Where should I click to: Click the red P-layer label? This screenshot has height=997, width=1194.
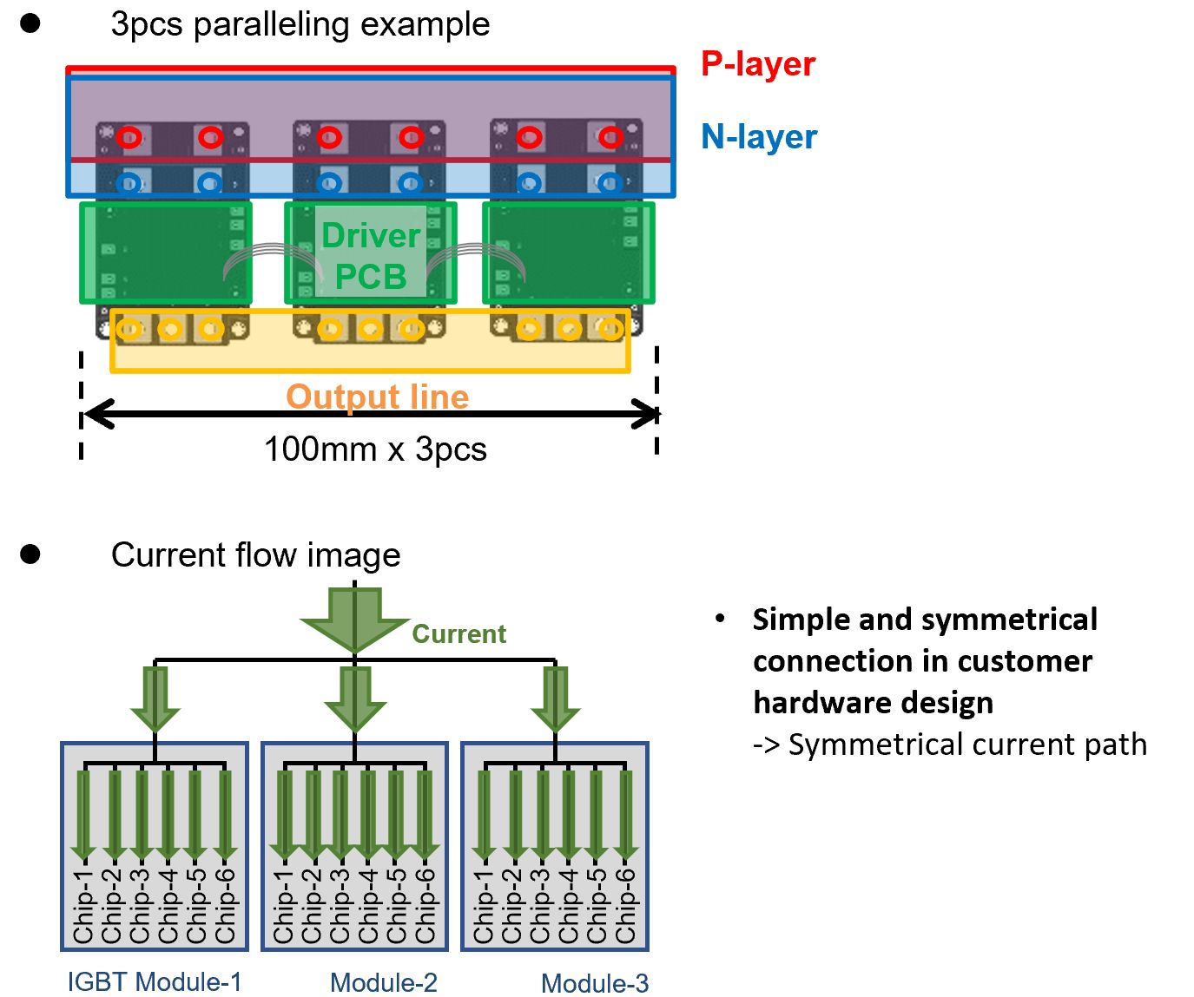[x=758, y=63]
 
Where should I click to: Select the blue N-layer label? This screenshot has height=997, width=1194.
[x=759, y=137]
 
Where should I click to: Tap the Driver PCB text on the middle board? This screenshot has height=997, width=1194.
[x=371, y=256]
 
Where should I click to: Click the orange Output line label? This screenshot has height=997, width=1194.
[x=378, y=397]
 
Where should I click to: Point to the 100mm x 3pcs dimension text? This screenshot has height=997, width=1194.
[x=375, y=449]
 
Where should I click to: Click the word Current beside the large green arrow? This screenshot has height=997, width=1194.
[x=459, y=633]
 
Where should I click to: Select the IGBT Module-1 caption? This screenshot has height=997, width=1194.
[x=155, y=981]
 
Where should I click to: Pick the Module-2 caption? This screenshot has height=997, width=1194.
[x=384, y=983]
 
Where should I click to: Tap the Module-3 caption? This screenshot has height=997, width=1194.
[x=595, y=983]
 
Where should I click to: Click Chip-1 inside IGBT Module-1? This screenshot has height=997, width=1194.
[x=83, y=906]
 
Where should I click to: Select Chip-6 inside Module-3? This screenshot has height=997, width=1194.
[x=625, y=906]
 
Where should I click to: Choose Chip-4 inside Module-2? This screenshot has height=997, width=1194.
[x=368, y=906]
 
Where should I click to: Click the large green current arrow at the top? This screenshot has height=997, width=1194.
[x=354, y=620]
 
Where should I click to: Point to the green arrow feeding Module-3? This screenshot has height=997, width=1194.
[x=555, y=699]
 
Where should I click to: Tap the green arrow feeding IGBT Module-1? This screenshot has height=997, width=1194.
[x=155, y=699]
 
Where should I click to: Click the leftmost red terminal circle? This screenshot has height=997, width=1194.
[x=129, y=138]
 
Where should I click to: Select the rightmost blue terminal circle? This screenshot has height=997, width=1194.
[x=610, y=183]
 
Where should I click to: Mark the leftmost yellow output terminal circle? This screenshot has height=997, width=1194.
[x=129, y=330]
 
